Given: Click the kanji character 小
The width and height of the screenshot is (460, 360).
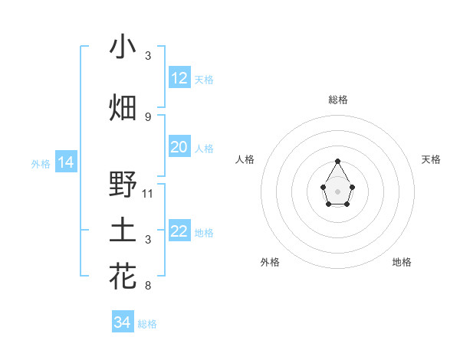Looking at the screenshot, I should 123,47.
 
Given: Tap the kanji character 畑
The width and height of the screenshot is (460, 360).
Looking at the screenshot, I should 123,107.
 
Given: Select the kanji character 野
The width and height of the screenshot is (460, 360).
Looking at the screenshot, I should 123,185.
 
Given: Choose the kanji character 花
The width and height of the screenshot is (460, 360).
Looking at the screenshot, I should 123,276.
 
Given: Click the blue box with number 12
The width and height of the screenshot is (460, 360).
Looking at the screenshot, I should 179,78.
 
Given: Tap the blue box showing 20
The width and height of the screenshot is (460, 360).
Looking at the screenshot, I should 179,147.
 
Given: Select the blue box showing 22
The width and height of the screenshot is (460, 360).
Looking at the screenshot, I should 179,231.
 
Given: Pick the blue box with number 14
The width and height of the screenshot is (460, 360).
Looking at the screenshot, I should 66,162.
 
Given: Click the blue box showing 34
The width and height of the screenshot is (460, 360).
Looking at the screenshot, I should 123,322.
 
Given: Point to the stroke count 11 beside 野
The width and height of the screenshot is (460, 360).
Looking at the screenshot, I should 148,193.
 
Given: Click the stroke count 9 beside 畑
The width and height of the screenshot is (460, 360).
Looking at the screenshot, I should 148,116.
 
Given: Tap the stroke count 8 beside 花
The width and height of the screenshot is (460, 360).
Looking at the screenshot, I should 148,286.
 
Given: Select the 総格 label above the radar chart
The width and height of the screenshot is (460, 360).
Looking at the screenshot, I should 338,100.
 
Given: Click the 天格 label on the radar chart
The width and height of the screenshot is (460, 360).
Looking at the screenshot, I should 431,159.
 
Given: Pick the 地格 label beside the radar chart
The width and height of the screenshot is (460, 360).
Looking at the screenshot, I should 402,262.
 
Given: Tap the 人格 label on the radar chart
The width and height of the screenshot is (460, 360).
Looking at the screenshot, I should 245,159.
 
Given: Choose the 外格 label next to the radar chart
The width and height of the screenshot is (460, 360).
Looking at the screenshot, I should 270,262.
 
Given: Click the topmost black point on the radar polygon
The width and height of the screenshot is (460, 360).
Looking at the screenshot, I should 338,161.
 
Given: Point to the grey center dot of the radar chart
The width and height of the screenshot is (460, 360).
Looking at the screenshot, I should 338,191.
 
